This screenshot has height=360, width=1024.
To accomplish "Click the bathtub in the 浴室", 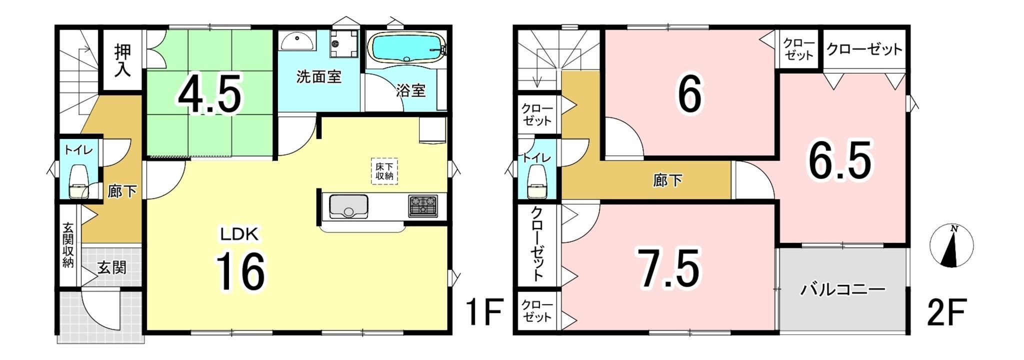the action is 407,47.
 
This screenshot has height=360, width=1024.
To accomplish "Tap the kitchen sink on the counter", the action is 348,206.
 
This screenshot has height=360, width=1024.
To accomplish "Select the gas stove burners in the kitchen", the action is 423,205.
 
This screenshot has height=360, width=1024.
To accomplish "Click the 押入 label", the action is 122,60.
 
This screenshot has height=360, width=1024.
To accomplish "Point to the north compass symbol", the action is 951,245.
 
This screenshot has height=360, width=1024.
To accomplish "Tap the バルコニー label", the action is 843,289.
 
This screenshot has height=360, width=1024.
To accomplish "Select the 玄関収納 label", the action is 68,245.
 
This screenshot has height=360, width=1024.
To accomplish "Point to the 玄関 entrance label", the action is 111,267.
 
